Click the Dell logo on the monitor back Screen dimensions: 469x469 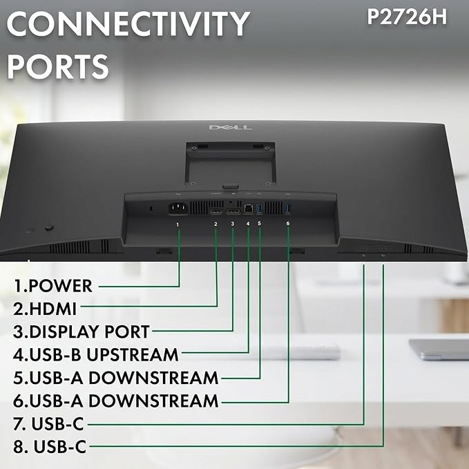click(230, 127)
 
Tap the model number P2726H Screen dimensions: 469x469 click(407, 17)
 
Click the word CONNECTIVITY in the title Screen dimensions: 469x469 click(128, 23)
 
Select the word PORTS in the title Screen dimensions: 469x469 click(58, 66)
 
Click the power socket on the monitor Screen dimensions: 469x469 click(179, 208)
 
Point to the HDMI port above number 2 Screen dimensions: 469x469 click(216, 211)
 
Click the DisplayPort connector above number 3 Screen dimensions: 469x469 click(233, 211)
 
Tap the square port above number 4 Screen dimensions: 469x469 click(248, 209)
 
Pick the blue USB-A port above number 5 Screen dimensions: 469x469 click(259, 209)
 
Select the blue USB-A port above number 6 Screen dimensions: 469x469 click(288, 209)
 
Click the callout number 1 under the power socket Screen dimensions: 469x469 click(178, 224)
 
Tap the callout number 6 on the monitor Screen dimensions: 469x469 click(288, 223)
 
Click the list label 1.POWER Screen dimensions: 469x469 click(53, 286)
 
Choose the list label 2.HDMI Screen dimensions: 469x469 click(45, 308)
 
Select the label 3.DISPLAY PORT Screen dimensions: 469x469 click(81, 332)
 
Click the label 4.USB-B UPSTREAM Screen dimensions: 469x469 click(96, 354)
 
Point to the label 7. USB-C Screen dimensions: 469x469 click(48, 423)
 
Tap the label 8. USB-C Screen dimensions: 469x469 click(50, 447)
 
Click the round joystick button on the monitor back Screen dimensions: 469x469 click(49, 227)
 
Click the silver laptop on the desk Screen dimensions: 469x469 click(439, 350)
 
